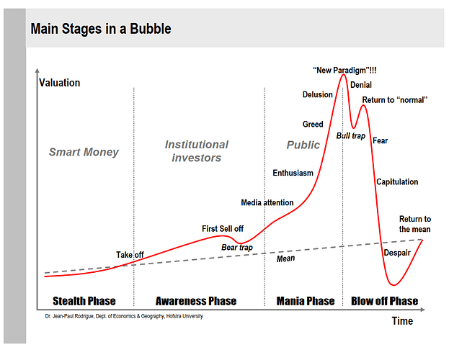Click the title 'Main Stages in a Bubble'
point(101,30)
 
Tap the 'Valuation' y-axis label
point(59,83)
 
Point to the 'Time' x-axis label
point(402,321)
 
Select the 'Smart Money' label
point(84,152)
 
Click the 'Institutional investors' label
point(196,151)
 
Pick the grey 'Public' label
point(303,145)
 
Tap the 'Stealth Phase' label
point(84,301)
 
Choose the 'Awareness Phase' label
point(196,301)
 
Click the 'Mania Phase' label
point(306,301)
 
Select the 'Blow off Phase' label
point(384,301)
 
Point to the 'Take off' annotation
point(130,255)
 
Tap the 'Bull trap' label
point(351,135)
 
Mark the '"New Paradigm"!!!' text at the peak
point(344,70)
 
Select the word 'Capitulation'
point(397,182)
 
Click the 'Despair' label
point(397,253)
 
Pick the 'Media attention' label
point(267,202)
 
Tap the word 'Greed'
point(313,125)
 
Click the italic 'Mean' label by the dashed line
point(286,258)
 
